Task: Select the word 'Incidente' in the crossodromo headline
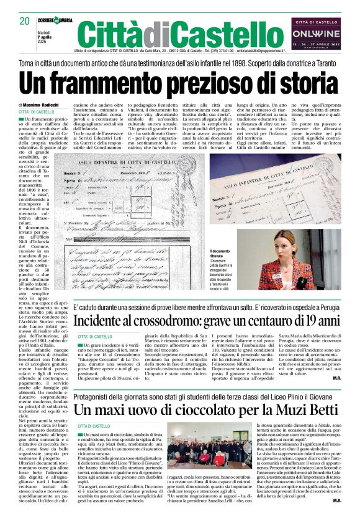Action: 110,321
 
